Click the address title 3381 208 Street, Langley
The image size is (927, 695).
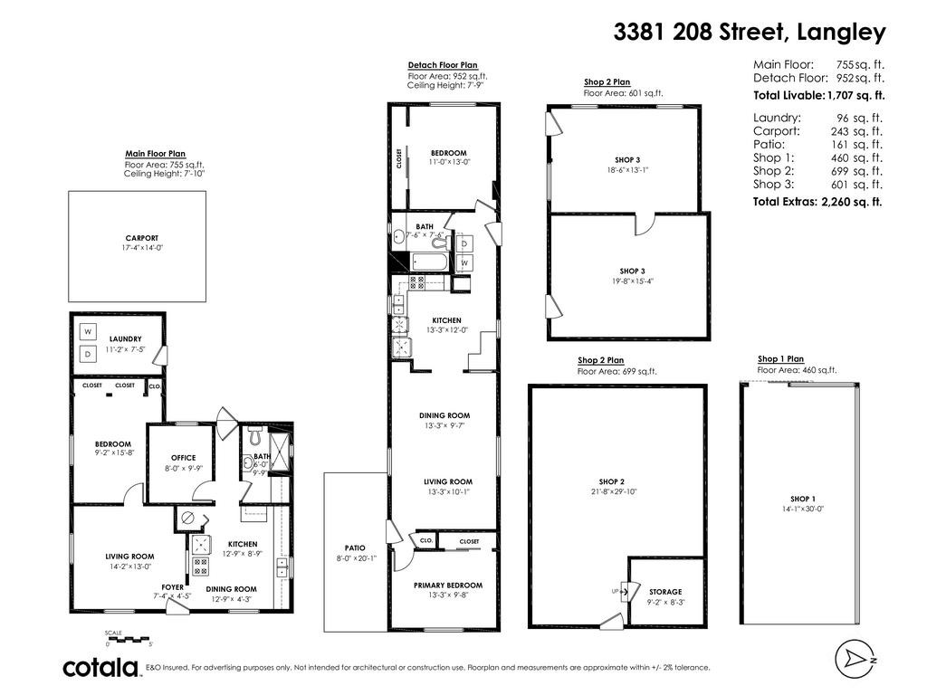(x=750, y=32)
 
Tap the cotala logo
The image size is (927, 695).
(x=101, y=668)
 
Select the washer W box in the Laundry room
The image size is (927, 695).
(x=89, y=332)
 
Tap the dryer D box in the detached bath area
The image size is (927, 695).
(x=464, y=244)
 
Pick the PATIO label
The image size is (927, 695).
(x=354, y=547)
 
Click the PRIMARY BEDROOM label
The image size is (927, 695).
(x=448, y=586)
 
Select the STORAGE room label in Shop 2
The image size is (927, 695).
(x=665, y=592)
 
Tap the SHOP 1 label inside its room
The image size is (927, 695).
(x=802, y=499)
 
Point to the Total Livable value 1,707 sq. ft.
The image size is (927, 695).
(x=855, y=95)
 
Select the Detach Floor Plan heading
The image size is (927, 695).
(x=443, y=65)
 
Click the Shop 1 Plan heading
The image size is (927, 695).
(x=780, y=359)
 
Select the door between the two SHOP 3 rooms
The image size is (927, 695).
(x=645, y=223)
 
